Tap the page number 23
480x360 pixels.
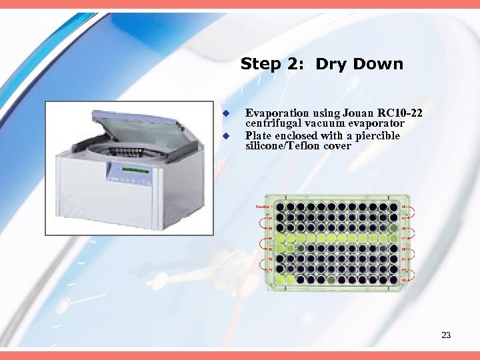point(446,335)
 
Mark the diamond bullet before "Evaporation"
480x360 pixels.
point(226,113)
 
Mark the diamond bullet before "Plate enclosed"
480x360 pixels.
point(226,135)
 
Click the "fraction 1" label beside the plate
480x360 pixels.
point(262,207)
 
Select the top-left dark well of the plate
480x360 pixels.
point(280,207)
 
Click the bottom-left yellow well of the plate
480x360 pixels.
point(280,279)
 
